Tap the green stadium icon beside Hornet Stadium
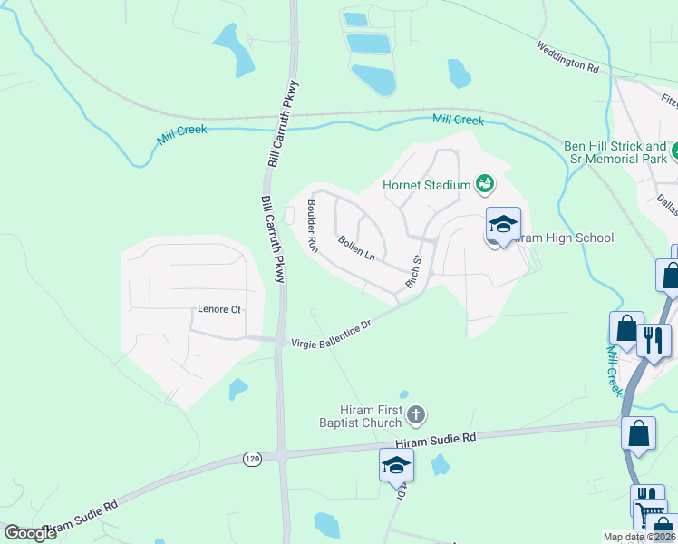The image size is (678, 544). (x=485, y=185)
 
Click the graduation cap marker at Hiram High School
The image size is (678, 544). (x=504, y=224)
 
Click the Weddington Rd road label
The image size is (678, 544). (x=567, y=57)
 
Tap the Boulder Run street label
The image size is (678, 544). (x=313, y=227)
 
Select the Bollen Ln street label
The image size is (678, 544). (x=356, y=248)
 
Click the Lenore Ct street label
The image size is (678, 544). (x=219, y=309)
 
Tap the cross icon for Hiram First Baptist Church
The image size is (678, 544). (x=416, y=416)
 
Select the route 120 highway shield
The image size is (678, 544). (x=252, y=460)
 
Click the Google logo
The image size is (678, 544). (x=31, y=533)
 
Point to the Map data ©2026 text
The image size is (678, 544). (x=639, y=537)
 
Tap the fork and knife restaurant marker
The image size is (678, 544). (x=654, y=340)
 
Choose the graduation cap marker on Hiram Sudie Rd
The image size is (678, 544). (x=396, y=465)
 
